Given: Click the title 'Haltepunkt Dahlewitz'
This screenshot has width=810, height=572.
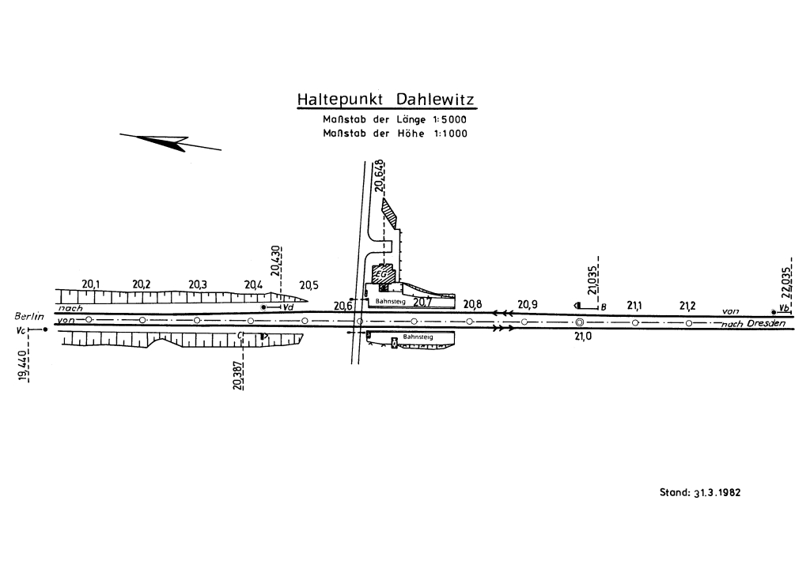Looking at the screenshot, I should (x=386, y=100).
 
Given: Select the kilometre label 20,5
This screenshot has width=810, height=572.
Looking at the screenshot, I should (x=308, y=285).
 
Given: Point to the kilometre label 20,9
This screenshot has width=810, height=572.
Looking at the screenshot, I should (x=528, y=304).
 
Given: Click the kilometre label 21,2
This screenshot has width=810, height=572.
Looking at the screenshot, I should (x=687, y=305).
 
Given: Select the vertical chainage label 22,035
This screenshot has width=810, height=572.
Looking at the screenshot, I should (x=786, y=280).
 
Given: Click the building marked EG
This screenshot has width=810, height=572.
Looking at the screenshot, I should (x=384, y=273).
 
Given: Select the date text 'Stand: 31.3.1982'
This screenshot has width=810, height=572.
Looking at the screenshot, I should (x=700, y=491).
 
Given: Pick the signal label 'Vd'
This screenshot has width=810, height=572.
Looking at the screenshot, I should (x=289, y=307).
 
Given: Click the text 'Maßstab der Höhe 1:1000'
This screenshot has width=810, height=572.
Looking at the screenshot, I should (x=395, y=134).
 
